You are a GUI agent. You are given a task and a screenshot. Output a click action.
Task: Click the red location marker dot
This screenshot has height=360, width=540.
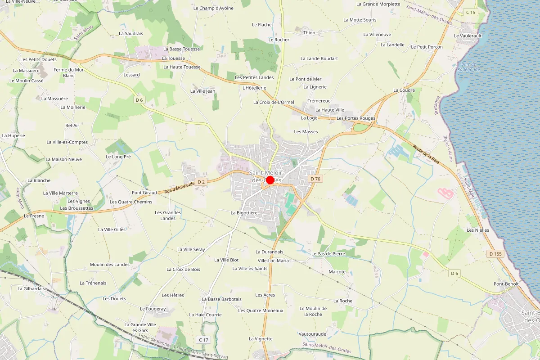[270, 180]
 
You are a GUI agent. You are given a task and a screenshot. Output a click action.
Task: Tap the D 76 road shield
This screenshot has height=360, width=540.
[315, 179]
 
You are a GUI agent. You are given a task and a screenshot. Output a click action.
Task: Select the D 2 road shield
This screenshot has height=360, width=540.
[201, 182]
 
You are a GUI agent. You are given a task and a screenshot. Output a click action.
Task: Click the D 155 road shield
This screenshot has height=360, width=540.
[495, 254]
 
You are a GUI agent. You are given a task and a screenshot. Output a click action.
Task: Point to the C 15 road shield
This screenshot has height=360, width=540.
[471, 12]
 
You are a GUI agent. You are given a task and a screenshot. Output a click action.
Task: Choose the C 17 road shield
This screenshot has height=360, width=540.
[203, 339]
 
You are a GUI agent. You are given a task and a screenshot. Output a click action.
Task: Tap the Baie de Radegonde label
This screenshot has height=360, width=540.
[468, 67]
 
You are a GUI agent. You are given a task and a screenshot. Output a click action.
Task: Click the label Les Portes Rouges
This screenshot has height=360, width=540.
[356, 118]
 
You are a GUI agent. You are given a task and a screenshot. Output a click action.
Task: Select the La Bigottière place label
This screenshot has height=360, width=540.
[244, 212]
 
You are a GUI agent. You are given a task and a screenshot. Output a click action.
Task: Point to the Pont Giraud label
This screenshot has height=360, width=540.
[144, 193]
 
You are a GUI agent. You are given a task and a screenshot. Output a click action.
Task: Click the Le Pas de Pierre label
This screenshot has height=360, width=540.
[328, 254]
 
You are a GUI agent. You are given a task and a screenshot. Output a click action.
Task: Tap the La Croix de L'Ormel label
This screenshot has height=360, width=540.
[274, 102]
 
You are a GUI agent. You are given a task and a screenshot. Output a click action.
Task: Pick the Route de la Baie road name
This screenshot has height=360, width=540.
[426, 154]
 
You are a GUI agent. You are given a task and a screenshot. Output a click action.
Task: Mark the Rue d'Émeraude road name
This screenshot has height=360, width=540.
[179, 188]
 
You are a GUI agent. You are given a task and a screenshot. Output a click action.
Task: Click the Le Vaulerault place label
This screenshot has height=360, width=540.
[468, 36]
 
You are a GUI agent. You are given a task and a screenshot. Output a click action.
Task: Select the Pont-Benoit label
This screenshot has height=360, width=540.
[506, 284]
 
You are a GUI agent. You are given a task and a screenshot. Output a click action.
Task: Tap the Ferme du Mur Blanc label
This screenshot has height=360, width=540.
[69, 72]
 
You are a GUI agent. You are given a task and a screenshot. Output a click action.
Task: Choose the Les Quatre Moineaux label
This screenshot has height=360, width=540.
[261, 310]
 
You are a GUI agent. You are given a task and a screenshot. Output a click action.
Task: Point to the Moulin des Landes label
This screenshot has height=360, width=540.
[109, 265]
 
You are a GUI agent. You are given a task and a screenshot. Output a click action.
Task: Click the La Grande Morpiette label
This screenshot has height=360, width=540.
[378, 4]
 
